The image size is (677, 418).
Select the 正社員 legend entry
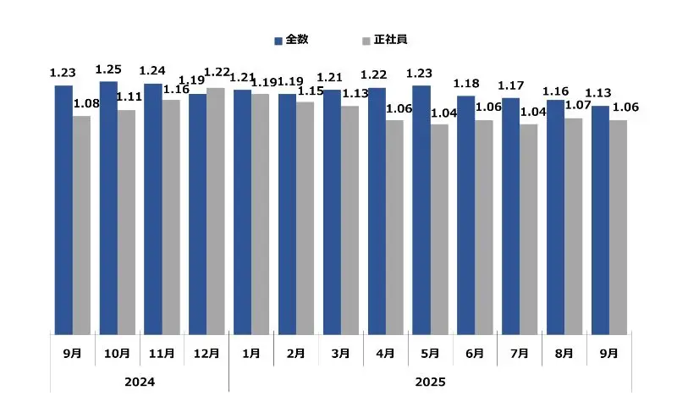(x=385, y=40)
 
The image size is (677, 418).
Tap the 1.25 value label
(x=108, y=69)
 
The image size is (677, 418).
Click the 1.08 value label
(x=85, y=104)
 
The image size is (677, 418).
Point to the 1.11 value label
(x=129, y=97)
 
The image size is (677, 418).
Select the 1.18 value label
(x=466, y=83)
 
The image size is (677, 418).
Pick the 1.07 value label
(x=578, y=106)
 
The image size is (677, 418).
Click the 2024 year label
(x=140, y=382)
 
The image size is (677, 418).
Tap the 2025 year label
(x=430, y=382)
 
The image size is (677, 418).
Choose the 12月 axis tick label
(x=206, y=353)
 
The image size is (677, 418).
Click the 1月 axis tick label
(x=251, y=353)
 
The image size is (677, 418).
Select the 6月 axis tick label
(x=475, y=353)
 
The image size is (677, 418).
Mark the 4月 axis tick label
(x=385, y=353)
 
